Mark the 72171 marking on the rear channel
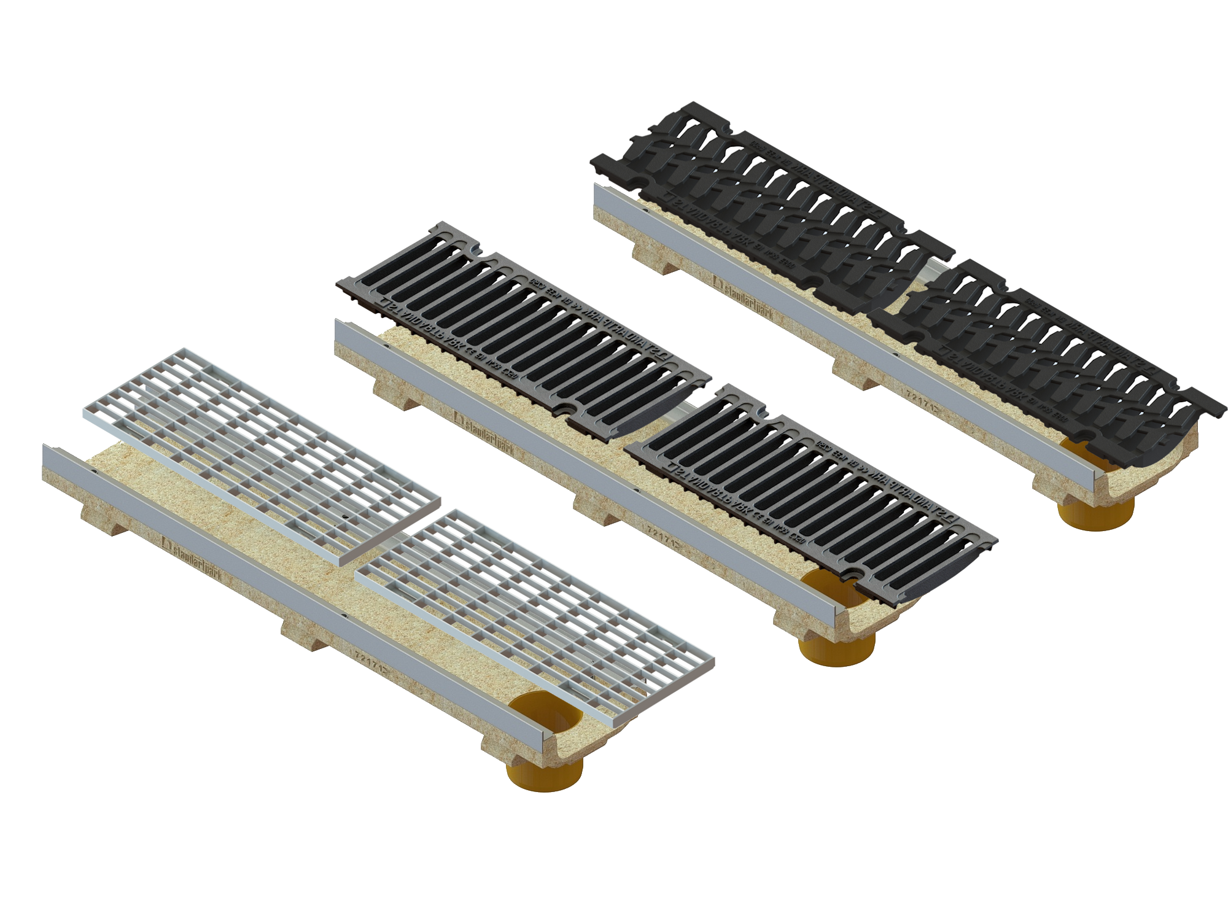tap(924, 402)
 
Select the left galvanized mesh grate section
tap(261, 454)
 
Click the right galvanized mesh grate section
tap(534, 614)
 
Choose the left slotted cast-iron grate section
tap(522, 332)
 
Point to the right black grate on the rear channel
tap(1044, 362)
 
